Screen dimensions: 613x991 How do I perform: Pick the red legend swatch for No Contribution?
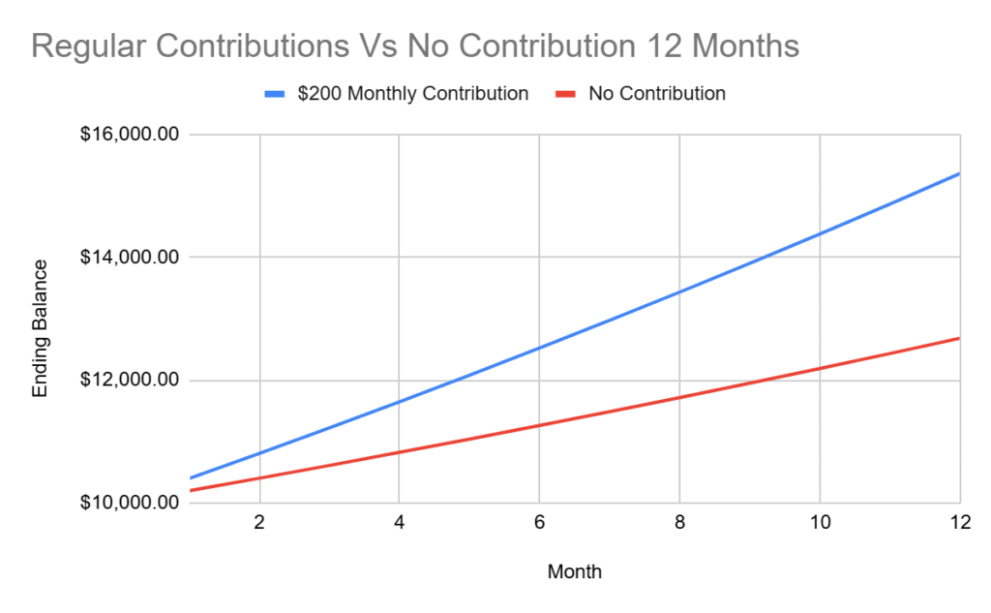click(x=565, y=94)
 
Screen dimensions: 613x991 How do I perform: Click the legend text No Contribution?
click(x=656, y=94)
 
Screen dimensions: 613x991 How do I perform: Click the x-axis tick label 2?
click(x=259, y=523)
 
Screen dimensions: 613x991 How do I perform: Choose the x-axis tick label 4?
click(x=400, y=523)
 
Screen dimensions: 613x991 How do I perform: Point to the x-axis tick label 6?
click(x=540, y=523)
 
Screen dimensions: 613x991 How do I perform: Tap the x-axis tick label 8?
click(x=680, y=523)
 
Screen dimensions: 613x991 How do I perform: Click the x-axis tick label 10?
click(x=820, y=523)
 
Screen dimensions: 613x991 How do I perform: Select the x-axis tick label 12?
click(x=958, y=523)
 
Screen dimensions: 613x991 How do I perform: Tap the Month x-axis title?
click(x=574, y=571)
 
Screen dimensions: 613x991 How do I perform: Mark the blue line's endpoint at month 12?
click(x=959, y=173)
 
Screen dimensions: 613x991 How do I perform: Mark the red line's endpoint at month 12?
click(x=959, y=338)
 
